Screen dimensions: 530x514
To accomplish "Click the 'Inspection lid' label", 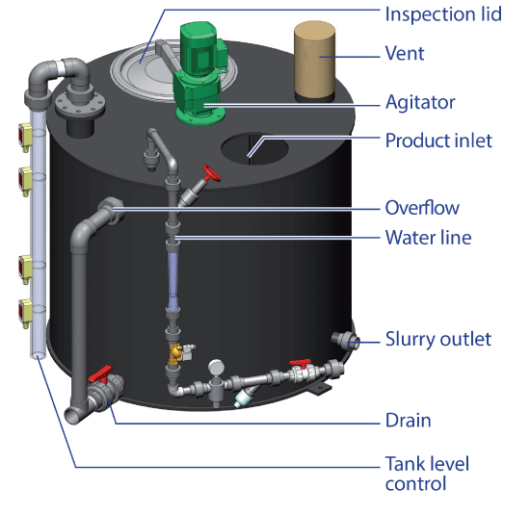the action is (443, 14).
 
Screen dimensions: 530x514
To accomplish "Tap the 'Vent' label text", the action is (405, 53).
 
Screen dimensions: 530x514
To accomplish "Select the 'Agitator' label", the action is (420, 103).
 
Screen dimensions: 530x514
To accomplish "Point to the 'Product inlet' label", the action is (438, 141).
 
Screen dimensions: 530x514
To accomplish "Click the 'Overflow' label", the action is (422, 208).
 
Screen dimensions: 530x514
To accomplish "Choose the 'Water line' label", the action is (428, 238).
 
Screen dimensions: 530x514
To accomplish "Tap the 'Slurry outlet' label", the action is (438, 340).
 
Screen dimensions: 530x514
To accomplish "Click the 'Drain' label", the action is (408, 421).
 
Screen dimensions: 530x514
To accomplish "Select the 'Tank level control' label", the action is (427, 474).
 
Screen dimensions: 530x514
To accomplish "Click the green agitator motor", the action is (199, 72).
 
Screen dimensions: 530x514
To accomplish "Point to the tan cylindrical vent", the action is (314, 61).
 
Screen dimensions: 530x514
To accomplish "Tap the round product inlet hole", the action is (254, 148).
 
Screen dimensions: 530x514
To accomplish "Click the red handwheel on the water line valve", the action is (211, 173).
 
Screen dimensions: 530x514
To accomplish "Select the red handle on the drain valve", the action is (100, 374).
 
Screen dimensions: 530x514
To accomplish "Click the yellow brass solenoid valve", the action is (176, 353).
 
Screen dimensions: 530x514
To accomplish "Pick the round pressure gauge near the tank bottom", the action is (216, 367).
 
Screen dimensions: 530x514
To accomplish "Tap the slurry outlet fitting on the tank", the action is (345, 339).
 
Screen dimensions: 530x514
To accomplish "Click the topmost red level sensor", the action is (25, 137).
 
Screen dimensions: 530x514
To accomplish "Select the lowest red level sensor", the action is (25, 313).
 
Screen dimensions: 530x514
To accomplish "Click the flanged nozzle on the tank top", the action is (80, 108).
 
